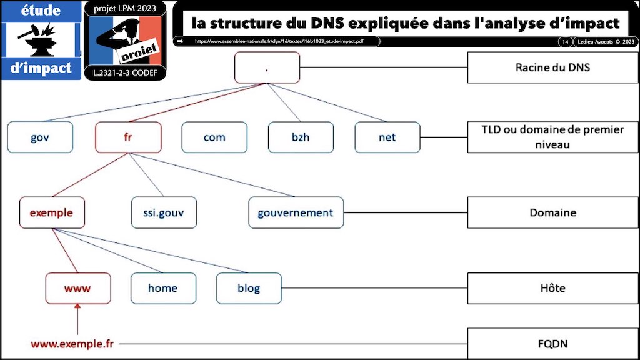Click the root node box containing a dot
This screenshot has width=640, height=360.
click(267, 67)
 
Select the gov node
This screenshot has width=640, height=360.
click(40, 137)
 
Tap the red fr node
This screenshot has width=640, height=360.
click(128, 137)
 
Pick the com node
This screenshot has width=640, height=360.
click(214, 137)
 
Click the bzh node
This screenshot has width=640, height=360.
click(301, 137)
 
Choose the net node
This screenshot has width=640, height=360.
click(387, 137)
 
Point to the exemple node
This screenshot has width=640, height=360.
click(52, 212)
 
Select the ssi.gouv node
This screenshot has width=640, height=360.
click(164, 212)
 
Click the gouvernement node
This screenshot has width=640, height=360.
click(296, 212)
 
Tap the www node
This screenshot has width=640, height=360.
click(78, 288)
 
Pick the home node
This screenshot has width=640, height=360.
click(162, 288)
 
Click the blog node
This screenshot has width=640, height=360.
click(249, 288)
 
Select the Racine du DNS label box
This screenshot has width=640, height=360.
click(552, 67)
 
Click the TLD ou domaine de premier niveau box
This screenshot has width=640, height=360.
click(552, 137)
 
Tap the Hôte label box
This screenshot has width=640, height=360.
click(552, 288)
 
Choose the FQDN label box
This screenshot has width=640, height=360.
click(552, 343)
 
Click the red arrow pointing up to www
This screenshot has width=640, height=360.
click(77, 318)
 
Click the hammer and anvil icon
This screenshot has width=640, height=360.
click(41, 39)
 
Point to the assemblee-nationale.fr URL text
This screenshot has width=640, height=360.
click(279, 42)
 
